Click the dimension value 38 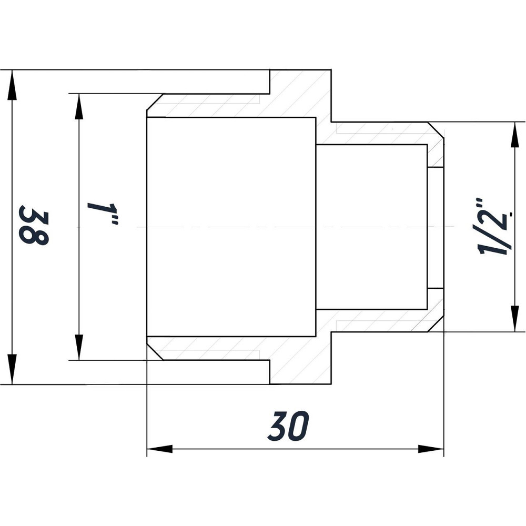click(x=34, y=226)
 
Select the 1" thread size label click(x=103, y=214)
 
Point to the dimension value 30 click(x=288, y=426)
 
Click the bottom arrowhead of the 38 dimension click(x=12, y=369)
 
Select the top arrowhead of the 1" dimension click(x=79, y=106)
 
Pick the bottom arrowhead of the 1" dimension click(x=79, y=347)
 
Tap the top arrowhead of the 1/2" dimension click(x=514, y=135)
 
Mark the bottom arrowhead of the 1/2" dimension click(x=514, y=319)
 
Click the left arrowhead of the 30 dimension click(x=160, y=449)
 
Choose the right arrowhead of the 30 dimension click(x=431, y=449)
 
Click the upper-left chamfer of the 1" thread click(x=155, y=102)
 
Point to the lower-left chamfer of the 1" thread click(x=155, y=351)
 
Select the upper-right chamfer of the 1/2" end click(x=436, y=130)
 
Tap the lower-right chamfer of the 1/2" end click(x=436, y=323)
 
